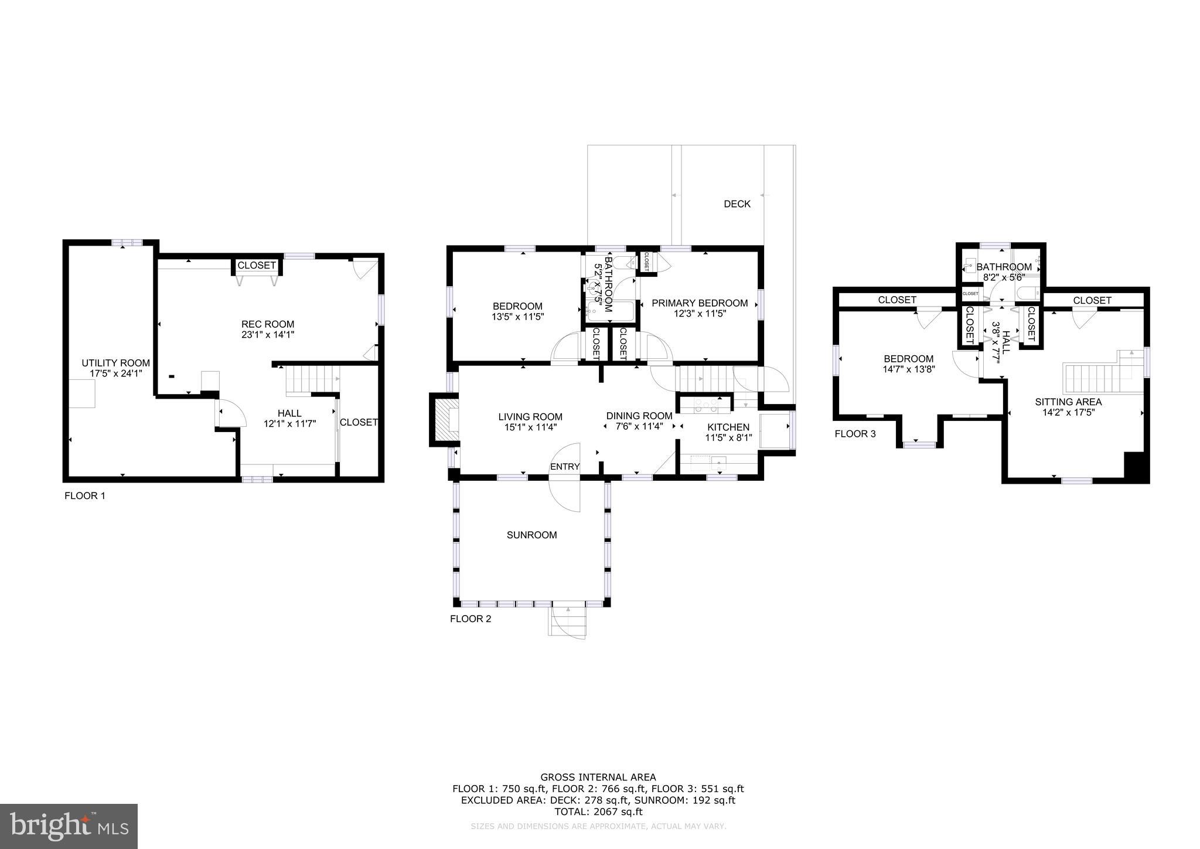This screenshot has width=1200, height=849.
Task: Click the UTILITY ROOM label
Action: click(115, 363)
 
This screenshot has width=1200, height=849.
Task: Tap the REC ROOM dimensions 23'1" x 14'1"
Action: click(268, 335)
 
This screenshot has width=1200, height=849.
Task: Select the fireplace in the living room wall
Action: click(445, 419)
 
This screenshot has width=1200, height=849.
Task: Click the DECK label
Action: click(737, 204)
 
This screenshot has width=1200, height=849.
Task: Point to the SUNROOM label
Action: click(531, 535)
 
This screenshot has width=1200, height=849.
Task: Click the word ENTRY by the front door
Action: click(564, 467)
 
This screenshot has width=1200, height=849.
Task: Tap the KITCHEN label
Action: click(728, 427)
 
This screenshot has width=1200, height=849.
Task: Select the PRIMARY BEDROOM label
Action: click(700, 303)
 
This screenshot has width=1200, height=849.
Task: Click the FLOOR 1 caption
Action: click(84, 496)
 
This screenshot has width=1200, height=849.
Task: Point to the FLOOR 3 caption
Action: click(855, 434)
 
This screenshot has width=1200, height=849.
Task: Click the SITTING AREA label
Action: click(1068, 402)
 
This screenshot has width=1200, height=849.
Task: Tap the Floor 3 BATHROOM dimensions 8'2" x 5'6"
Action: click(1003, 279)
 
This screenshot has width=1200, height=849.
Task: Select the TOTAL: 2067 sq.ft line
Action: click(598, 811)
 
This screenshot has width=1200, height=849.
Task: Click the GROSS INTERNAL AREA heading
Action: click(598, 778)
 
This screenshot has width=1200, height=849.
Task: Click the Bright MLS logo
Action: click(69, 826)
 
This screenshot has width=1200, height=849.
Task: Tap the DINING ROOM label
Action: click(639, 416)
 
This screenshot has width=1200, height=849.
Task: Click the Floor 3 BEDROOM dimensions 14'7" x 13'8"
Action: click(908, 369)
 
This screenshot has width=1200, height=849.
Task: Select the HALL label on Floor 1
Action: click(289, 413)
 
